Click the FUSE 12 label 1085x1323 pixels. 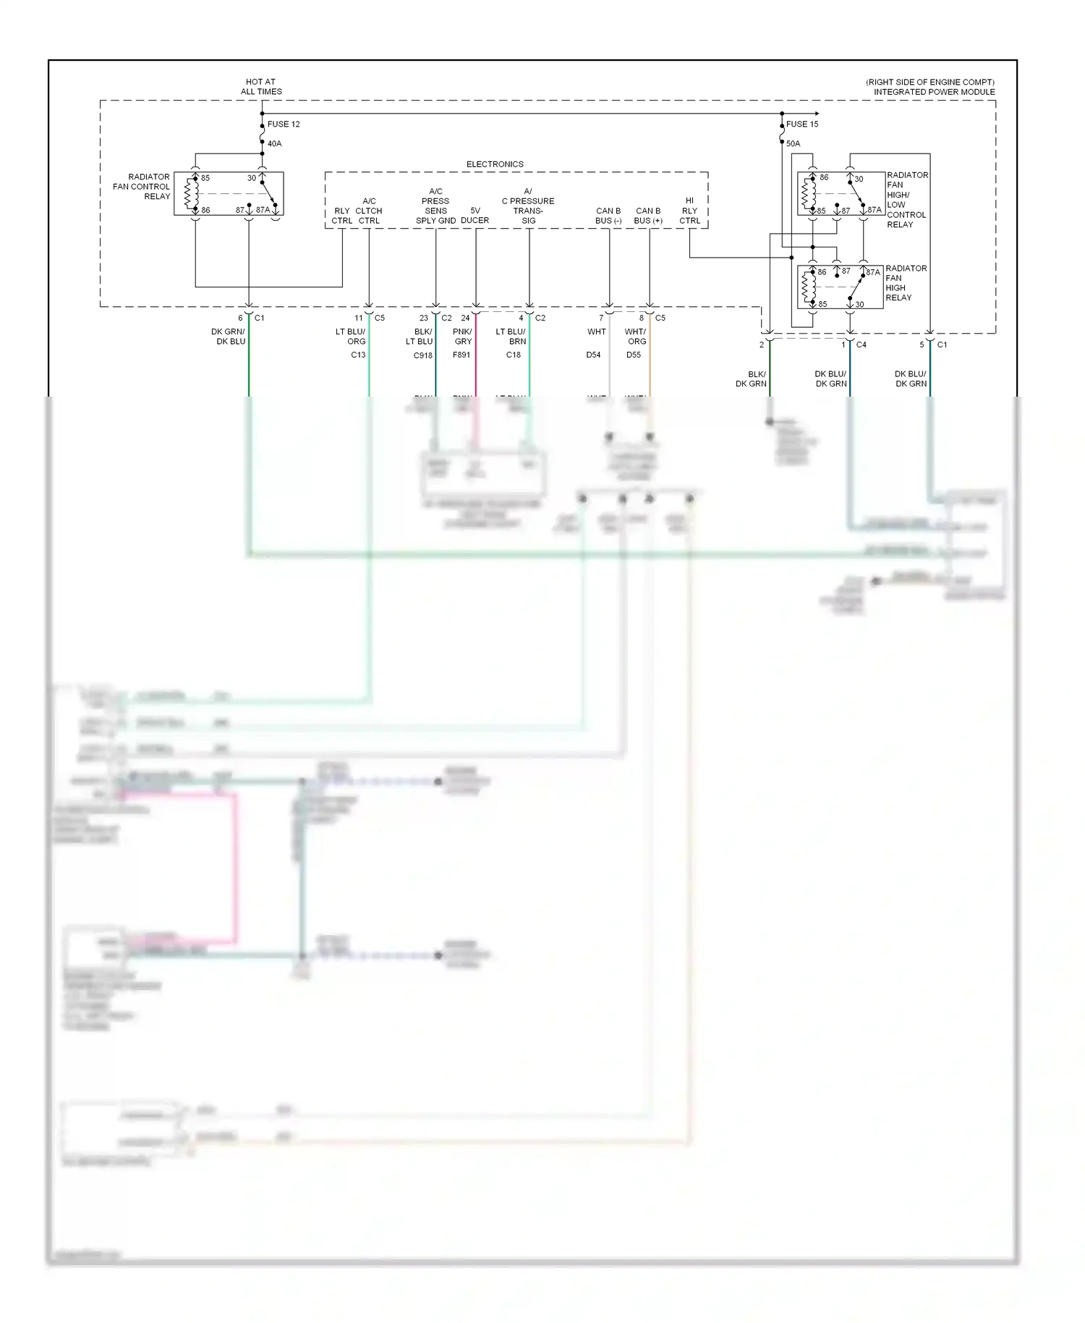(x=284, y=124)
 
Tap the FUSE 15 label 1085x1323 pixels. (x=802, y=124)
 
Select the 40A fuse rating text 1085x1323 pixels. (x=275, y=144)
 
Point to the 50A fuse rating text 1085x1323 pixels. (x=793, y=144)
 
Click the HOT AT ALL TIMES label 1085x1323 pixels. (x=261, y=87)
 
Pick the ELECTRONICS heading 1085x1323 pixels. (x=495, y=164)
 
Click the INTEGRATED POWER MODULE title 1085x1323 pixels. (x=934, y=92)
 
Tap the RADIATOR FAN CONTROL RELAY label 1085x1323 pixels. (x=142, y=187)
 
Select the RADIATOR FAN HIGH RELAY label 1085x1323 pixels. (x=906, y=283)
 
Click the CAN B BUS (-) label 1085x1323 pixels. (x=608, y=216)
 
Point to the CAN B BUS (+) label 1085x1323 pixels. (x=648, y=216)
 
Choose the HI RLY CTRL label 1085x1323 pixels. (x=689, y=211)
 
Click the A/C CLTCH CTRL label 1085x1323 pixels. (x=369, y=211)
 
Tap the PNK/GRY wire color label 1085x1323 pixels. (x=463, y=337)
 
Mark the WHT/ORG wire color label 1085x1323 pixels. (x=636, y=337)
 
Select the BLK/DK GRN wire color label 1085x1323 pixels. (x=752, y=379)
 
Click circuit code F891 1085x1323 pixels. (x=461, y=355)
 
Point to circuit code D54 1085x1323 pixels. (x=594, y=355)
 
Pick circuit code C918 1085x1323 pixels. (x=423, y=356)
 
